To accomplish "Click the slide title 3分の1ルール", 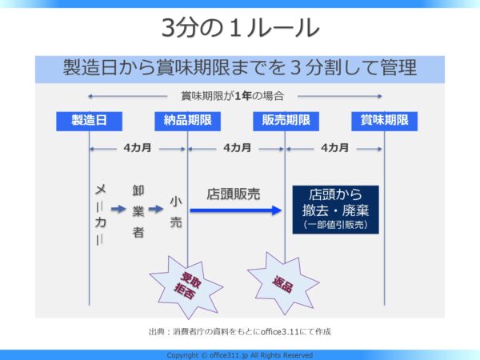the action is pos(240,27).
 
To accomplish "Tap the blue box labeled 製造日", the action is pos(89,122).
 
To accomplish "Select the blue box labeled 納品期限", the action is pos(187,122).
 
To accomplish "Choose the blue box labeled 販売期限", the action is pos(286,122).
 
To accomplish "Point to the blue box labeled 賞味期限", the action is pos(384,122).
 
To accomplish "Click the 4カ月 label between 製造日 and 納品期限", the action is pos(138,148).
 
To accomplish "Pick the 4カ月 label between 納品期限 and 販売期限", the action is pos(238,148).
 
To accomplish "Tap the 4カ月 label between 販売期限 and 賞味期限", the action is pos(335,148).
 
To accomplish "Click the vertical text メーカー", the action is pos(101,214).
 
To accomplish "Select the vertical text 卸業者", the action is pos(138,211).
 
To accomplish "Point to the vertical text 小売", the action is pos(176,212).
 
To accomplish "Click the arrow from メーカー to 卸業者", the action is pos(118,209).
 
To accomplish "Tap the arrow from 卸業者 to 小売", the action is pos(156,209).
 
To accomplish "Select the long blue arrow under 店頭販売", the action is pos(236,210).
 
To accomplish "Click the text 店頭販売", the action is pos(234,194).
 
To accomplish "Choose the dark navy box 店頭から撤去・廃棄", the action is pos(335,210).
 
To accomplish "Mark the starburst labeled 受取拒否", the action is pos(186,287).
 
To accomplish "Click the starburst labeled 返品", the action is pos(283,283).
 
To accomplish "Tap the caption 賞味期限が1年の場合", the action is pos(232,96).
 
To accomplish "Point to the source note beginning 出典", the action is pos(240,331).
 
